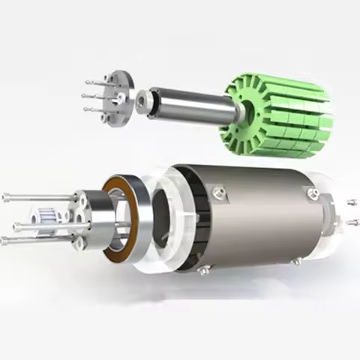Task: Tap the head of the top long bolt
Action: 5,197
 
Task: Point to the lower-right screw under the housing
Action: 297,262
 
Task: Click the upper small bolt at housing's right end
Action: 351,202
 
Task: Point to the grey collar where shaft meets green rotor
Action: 238,112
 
